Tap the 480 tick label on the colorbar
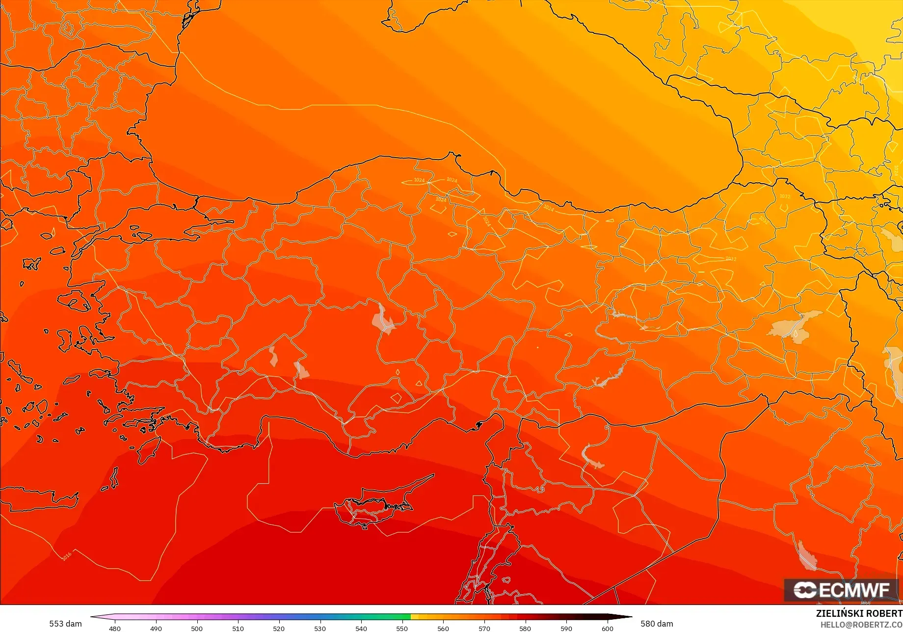(115, 628)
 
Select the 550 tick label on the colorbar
(402, 628)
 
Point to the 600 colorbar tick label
(608, 628)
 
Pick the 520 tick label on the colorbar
(279, 628)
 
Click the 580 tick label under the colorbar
(525, 628)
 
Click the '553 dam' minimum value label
(65, 624)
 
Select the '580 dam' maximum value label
(657, 624)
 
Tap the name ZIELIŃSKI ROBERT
(859, 613)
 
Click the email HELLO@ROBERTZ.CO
(861, 625)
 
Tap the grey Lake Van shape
(795, 327)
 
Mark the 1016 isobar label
(67, 556)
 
